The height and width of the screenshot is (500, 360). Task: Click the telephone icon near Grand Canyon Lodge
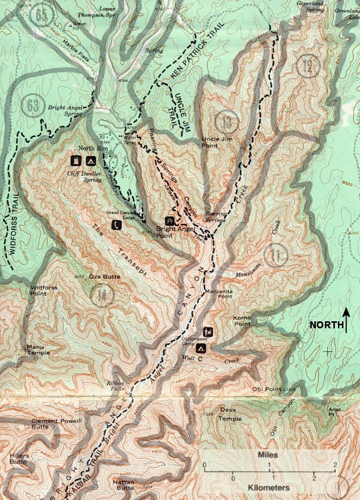pos(115,225)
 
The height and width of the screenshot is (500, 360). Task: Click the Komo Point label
pos(242,321)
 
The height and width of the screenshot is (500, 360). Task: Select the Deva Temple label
pos(231,415)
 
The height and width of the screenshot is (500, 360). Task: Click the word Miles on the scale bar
pos(268,455)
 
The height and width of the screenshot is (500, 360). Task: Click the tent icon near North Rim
pos(90,161)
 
